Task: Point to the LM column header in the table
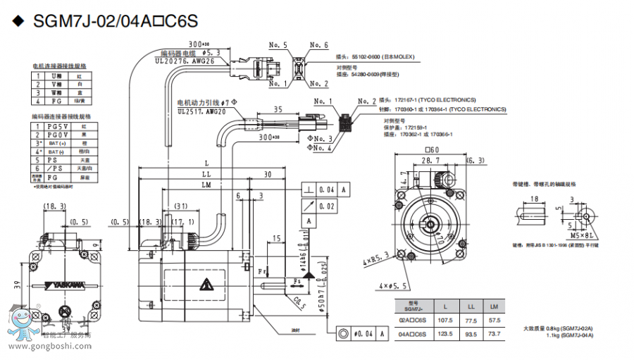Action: [x=495, y=307]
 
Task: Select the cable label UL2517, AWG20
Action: [x=202, y=111]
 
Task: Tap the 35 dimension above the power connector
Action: [x=278, y=109]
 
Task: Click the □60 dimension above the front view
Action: [x=432, y=149]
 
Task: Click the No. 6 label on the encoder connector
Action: [x=320, y=45]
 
